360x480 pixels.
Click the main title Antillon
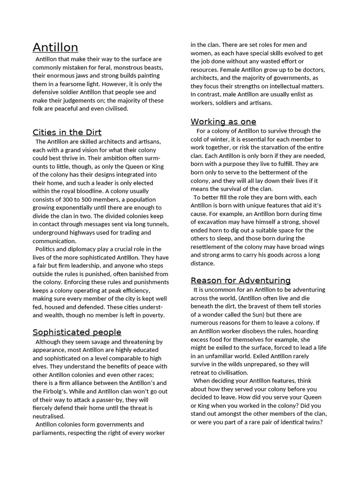55,47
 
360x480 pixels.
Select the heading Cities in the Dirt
67,132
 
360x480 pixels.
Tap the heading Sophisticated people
77,332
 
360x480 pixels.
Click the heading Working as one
223,122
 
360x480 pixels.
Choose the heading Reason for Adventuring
240,280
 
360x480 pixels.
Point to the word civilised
113,109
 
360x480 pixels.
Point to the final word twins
315,422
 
